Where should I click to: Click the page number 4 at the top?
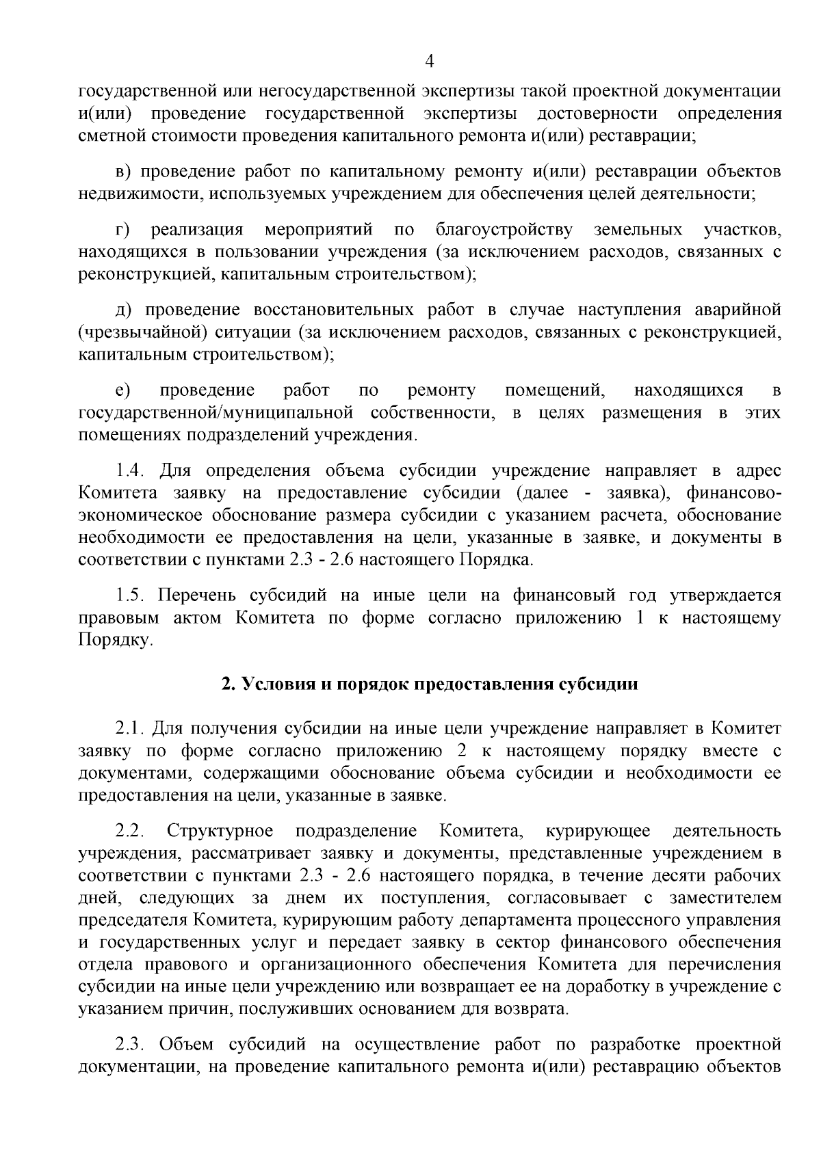tap(430, 62)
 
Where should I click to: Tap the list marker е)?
tap(122, 390)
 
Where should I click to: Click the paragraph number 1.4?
tap(129, 471)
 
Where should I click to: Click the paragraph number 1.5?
tap(129, 596)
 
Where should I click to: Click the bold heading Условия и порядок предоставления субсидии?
tap(429, 684)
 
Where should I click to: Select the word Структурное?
tap(220, 831)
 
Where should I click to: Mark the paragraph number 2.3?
tap(129, 1045)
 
